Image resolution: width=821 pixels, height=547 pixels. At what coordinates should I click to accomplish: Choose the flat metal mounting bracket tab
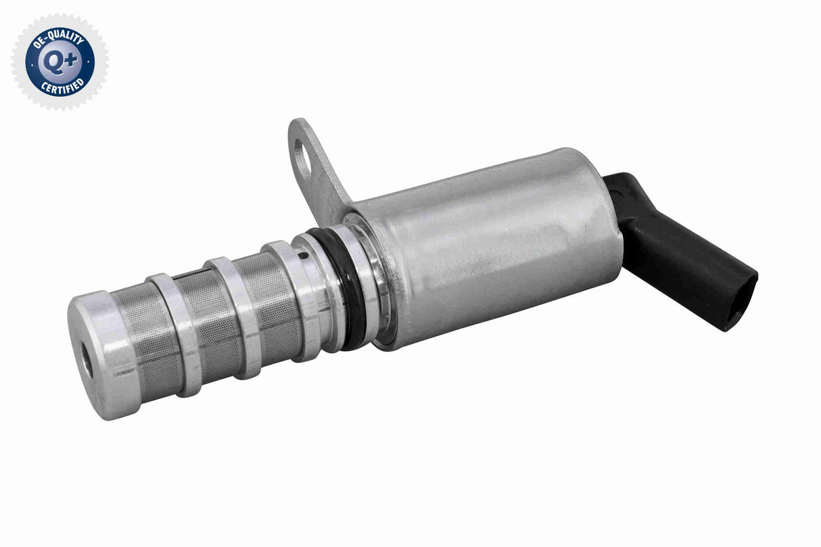[x=318, y=166]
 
